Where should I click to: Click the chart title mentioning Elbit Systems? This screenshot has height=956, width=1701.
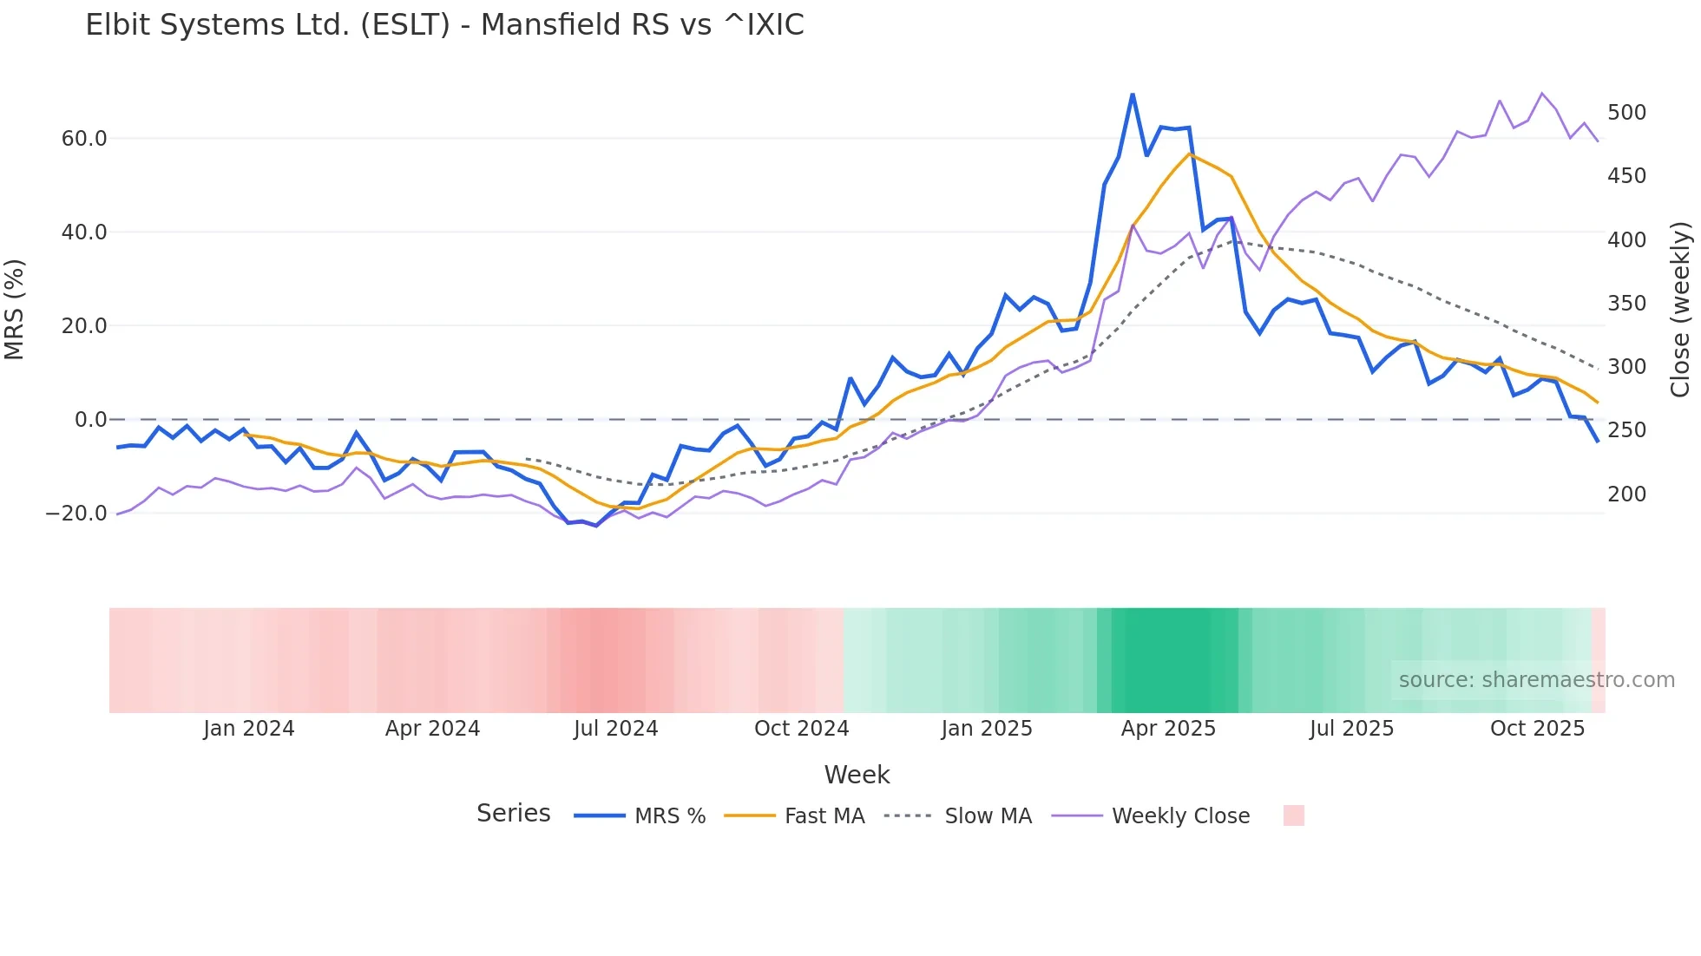pyautogui.click(x=444, y=25)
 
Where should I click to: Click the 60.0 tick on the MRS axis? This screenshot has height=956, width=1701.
pyautogui.click(x=84, y=139)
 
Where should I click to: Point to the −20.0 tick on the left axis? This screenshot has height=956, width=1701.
pyautogui.click(x=76, y=514)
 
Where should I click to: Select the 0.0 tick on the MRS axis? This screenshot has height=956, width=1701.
pyautogui.click(x=91, y=420)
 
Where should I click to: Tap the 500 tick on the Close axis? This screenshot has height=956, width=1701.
pyautogui.click(x=1626, y=113)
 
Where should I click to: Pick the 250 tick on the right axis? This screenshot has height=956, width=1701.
pyautogui.click(x=1626, y=430)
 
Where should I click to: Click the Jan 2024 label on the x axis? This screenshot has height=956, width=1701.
pyautogui.click(x=249, y=729)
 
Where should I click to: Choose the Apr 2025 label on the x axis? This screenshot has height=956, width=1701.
pyautogui.click(x=1168, y=729)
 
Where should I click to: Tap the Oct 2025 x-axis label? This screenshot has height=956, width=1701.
pyautogui.click(x=1537, y=729)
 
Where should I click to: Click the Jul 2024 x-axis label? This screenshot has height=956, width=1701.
pyautogui.click(x=616, y=729)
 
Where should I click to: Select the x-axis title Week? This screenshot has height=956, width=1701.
pyautogui.click(x=857, y=775)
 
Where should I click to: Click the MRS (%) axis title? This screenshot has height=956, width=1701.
pyautogui.click(x=15, y=309)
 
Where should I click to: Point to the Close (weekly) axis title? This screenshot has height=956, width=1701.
pyautogui.click(x=1680, y=309)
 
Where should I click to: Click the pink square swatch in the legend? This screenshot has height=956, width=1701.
pyautogui.click(x=1293, y=815)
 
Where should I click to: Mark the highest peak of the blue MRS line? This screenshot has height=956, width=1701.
pyautogui.click(x=1133, y=94)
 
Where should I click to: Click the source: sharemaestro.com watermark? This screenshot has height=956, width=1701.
pyautogui.click(x=1536, y=680)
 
